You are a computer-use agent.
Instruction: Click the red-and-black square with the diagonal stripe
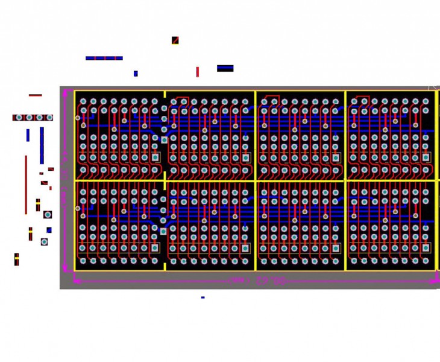175,40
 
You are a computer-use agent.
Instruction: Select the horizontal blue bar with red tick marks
104,59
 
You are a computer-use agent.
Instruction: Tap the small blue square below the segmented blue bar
136,74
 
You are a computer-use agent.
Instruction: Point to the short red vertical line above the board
197,72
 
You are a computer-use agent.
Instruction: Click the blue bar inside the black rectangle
225,68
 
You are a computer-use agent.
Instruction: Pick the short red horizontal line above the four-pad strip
35,95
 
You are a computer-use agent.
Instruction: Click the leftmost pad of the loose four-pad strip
19,118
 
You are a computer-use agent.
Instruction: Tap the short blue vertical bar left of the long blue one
28,135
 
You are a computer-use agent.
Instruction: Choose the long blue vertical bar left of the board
42,145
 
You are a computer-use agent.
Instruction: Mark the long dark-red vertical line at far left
26,185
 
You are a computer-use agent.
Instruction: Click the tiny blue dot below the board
203,297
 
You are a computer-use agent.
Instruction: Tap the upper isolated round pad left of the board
48,214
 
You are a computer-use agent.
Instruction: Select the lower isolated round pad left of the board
44,242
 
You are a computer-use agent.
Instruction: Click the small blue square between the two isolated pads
49,230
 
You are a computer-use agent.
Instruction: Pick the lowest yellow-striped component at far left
16,259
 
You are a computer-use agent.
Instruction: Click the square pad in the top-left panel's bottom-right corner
155,157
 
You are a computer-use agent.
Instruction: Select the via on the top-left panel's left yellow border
77,118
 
